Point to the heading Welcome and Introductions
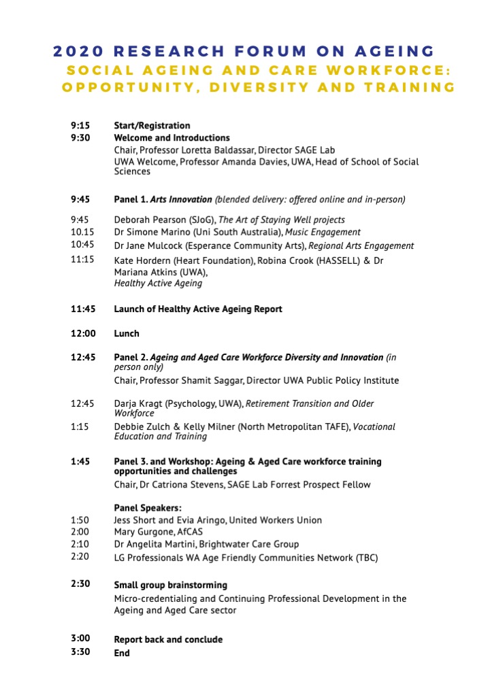tap(171, 138)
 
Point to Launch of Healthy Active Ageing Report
tap(197, 309)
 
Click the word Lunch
tap(127, 334)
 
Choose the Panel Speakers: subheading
tap(147, 508)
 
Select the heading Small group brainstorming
tap(170, 586)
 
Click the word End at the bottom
tap(122, 654)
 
